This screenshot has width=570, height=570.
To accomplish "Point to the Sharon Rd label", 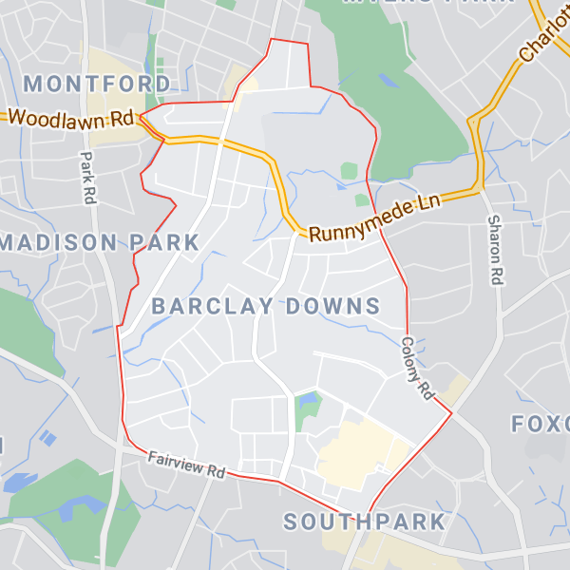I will pos(494,251).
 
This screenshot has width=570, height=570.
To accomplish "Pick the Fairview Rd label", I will pos(186,465).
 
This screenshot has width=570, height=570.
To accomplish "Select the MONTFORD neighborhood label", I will pos(98,83).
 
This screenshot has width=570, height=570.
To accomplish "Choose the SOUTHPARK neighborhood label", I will pos(365,522).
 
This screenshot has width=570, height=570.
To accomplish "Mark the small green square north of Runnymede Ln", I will pos(350,171).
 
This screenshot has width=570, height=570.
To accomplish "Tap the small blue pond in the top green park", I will pos(388,82).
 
